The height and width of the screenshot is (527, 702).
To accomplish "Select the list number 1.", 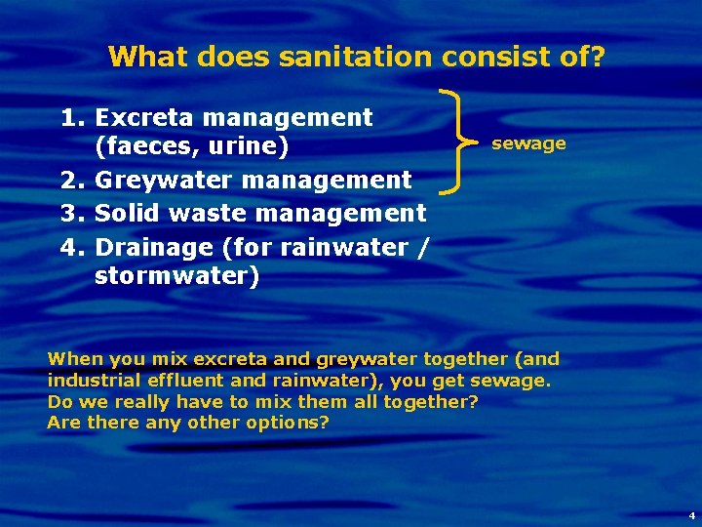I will point(72,118).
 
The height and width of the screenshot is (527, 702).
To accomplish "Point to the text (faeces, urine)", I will point(191,148).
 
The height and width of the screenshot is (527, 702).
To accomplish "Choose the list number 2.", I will point(72,181).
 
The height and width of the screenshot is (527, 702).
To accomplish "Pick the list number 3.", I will point(72,213).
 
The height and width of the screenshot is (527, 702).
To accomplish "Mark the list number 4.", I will point(72,245).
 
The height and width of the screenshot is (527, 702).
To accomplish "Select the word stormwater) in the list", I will point(176,276).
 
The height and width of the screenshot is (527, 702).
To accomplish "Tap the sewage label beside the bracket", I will point(528,143).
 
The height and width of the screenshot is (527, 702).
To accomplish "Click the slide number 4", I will point(691,514).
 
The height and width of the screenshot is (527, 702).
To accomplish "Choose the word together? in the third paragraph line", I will point(430,401).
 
